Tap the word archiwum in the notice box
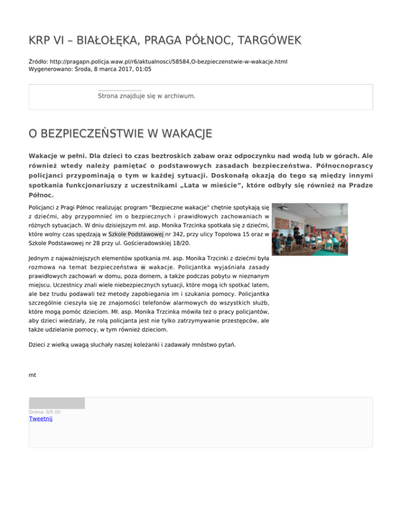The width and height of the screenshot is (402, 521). click(x=178, y=96)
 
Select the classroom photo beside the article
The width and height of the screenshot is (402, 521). click(x=309, y=230)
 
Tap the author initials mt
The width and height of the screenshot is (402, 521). click(x=32, y=375)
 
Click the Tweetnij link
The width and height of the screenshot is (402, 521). click(x=41, y=419)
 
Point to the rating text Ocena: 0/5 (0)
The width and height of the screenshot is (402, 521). click(x=44, y=412)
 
